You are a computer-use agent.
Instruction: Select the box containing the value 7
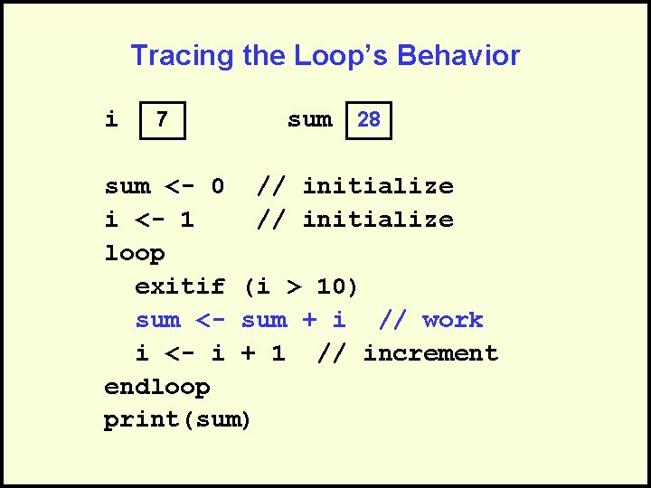click(x=162, y=120)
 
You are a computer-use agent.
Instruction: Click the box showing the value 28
click(x=369, y=120)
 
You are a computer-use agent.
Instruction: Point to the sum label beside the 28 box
click(x=309, y=119)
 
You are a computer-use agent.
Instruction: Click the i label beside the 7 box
click(x=111, y=119)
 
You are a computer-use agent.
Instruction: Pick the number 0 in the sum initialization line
click(x=217, y=187)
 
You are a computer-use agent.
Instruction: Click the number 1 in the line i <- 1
click(x=187, y=220)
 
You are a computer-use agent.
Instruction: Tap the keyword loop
click(x=135, y=253)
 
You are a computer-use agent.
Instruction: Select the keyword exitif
click(x=180, y=287)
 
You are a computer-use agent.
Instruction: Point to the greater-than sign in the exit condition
click(x=294, y=287)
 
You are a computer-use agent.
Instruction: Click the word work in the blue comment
click(x=452, y=320)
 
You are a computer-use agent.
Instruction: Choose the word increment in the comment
click(x=430, y=353)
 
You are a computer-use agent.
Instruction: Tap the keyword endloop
click(x=157, y=387)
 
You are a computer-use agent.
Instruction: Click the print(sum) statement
click(x=178, y=420)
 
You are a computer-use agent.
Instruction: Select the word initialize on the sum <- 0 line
click(x=378, y=187)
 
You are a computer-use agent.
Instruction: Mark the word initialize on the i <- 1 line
click(x=378, y=220)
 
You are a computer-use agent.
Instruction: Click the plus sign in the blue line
click(x=308, y=320)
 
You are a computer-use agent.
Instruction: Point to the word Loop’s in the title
click(x=341, y=56)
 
